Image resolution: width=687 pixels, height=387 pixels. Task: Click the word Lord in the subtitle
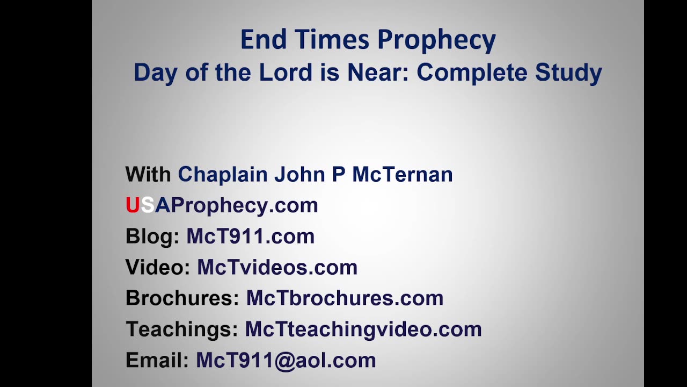[285, 72]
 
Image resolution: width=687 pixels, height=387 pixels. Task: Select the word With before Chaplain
[148, 174]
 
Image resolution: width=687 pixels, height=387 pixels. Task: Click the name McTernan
[403, 174]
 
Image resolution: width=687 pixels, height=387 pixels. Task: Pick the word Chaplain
[223, 174]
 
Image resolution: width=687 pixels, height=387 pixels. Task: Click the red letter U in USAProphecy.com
[132, 205]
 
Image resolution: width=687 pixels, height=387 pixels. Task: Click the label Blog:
[152, 236]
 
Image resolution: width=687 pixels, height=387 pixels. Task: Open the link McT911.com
[250, 236]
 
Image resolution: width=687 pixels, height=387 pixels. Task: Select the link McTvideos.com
[277, 267]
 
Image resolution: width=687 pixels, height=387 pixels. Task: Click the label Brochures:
[182, 298]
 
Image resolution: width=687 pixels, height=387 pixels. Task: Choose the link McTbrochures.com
[345, 298]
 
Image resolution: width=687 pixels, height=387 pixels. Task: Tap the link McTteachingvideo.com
[363, 329]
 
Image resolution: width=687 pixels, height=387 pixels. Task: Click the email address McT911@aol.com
[286, 360]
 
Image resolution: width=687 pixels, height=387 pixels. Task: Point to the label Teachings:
[182, 329]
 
